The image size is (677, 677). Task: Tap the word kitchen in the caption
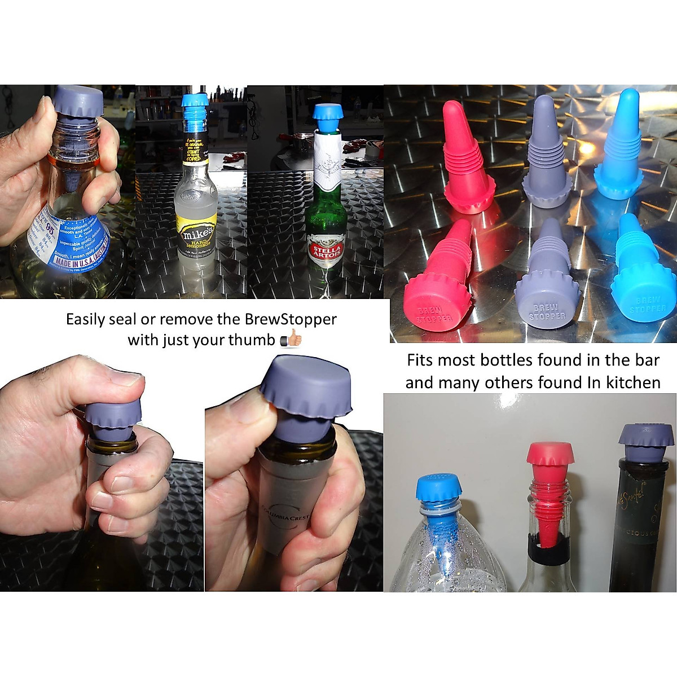[x=632, y=383]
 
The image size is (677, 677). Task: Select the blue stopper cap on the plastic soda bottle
[x=439, y=487]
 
